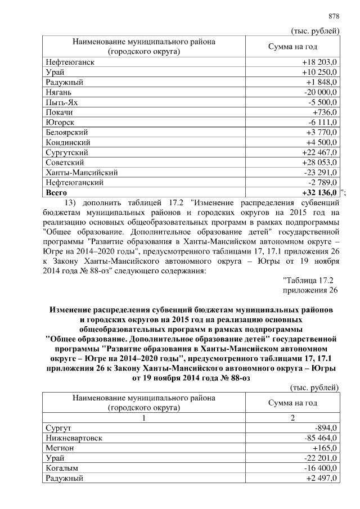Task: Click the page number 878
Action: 334,16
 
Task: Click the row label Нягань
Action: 58,92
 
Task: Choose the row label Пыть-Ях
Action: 61,102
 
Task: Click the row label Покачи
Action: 59,112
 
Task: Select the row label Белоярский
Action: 67,132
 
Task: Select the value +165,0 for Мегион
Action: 323,448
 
